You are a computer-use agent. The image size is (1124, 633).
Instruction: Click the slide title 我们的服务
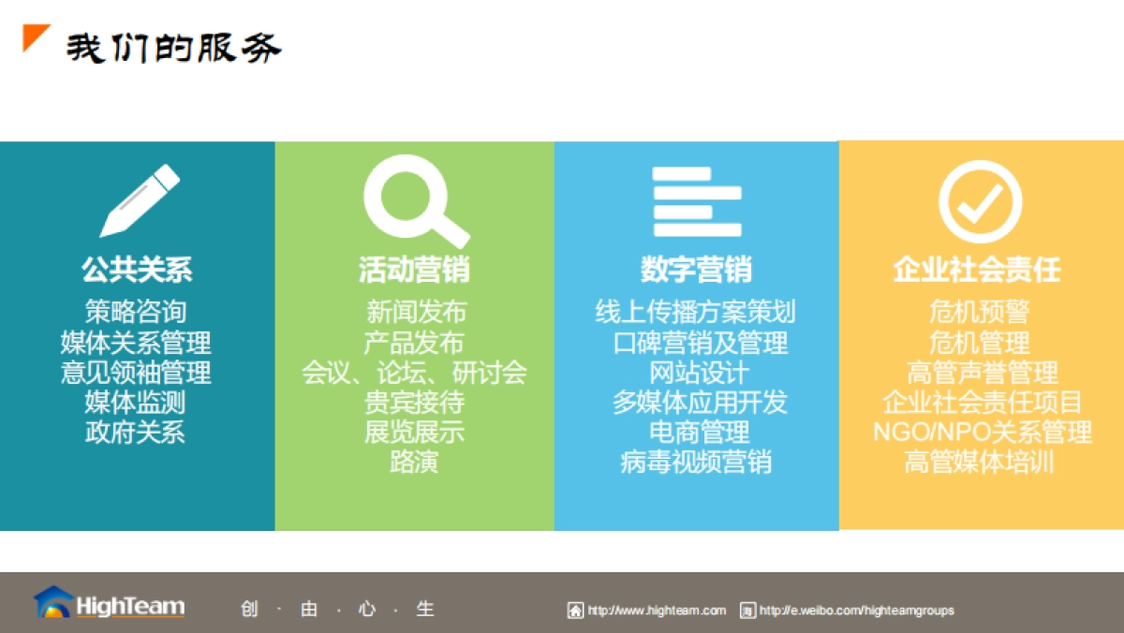(172, 48)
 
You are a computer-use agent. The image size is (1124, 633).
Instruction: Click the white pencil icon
(139, 200)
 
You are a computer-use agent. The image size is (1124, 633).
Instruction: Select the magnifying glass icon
(414, 200)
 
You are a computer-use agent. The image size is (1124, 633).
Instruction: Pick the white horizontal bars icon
(697, 200)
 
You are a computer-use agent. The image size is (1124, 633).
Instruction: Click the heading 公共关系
(137, 270)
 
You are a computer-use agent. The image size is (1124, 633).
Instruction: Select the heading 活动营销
(414, 270)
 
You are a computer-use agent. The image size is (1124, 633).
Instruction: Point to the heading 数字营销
(696, 270)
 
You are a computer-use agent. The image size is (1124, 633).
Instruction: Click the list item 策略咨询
(136, 312)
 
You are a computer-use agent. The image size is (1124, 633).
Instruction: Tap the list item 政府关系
(136, 432)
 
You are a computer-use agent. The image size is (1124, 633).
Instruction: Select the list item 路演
(414, 462)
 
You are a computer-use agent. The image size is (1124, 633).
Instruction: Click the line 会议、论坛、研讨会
(414, 373)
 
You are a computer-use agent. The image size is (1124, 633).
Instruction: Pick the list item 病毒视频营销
(696, 462)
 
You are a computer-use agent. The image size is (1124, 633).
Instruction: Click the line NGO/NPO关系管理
(982, 432)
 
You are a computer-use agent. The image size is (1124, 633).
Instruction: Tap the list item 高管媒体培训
(980, 462)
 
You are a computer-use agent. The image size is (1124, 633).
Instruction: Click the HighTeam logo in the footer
(110, 604)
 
